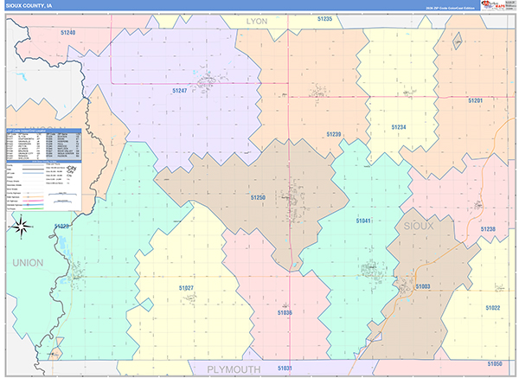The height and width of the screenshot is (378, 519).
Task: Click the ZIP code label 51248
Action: (x=68, y=32)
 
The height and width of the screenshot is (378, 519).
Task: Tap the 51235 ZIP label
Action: (x=324, y=19)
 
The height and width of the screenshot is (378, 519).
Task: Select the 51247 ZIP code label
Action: (x=180, y=90)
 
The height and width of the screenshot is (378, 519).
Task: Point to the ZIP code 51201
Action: (x=475, y=100)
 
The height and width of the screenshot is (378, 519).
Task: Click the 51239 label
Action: (x=334, y=134)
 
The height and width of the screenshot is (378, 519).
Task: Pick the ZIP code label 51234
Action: (x=398, y=127)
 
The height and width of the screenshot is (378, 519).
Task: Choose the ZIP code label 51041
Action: (x=363, y=221)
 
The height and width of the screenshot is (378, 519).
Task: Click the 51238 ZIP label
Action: (x=488, y=229)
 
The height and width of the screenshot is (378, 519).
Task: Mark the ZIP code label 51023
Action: (x=61, y=227)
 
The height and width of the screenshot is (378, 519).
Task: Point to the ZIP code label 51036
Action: (x=285, y=312)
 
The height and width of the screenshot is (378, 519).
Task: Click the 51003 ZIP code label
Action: (x=423, y=285)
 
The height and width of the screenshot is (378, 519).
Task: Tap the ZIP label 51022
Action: (x=493, y=307)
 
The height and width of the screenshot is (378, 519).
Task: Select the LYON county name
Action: (x=257, y=20)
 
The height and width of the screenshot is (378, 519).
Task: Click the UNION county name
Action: (x=27, y=262)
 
